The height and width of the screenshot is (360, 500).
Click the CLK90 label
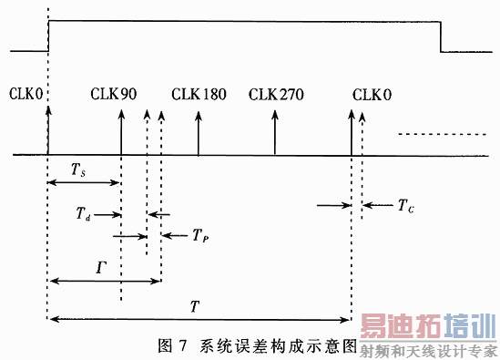(x=114, y=94)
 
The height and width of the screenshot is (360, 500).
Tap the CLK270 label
(x=276, y=94)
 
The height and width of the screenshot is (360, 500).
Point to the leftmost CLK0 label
(x=26, y=94)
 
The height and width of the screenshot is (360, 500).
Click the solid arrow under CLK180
(x=199, y=132)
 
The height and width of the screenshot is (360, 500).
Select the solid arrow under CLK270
(x=275, y=132)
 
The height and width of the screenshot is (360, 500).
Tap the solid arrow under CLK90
(x=121, y=132)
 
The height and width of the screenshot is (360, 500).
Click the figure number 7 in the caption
(x=180, y=345)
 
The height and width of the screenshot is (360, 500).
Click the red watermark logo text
(x=427, y=330)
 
